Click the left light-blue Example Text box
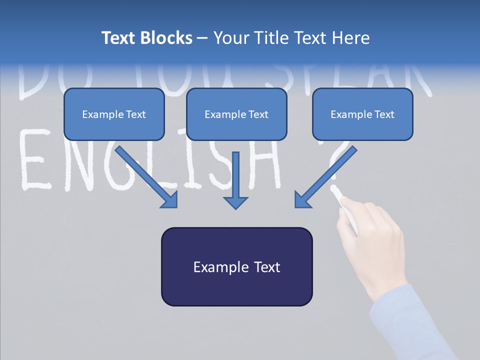point(114,114)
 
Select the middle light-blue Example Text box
point(236,114)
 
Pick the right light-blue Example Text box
point(362,114)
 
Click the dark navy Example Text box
point(236,266)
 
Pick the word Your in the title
point(230,38)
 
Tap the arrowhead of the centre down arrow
point(235,202)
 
